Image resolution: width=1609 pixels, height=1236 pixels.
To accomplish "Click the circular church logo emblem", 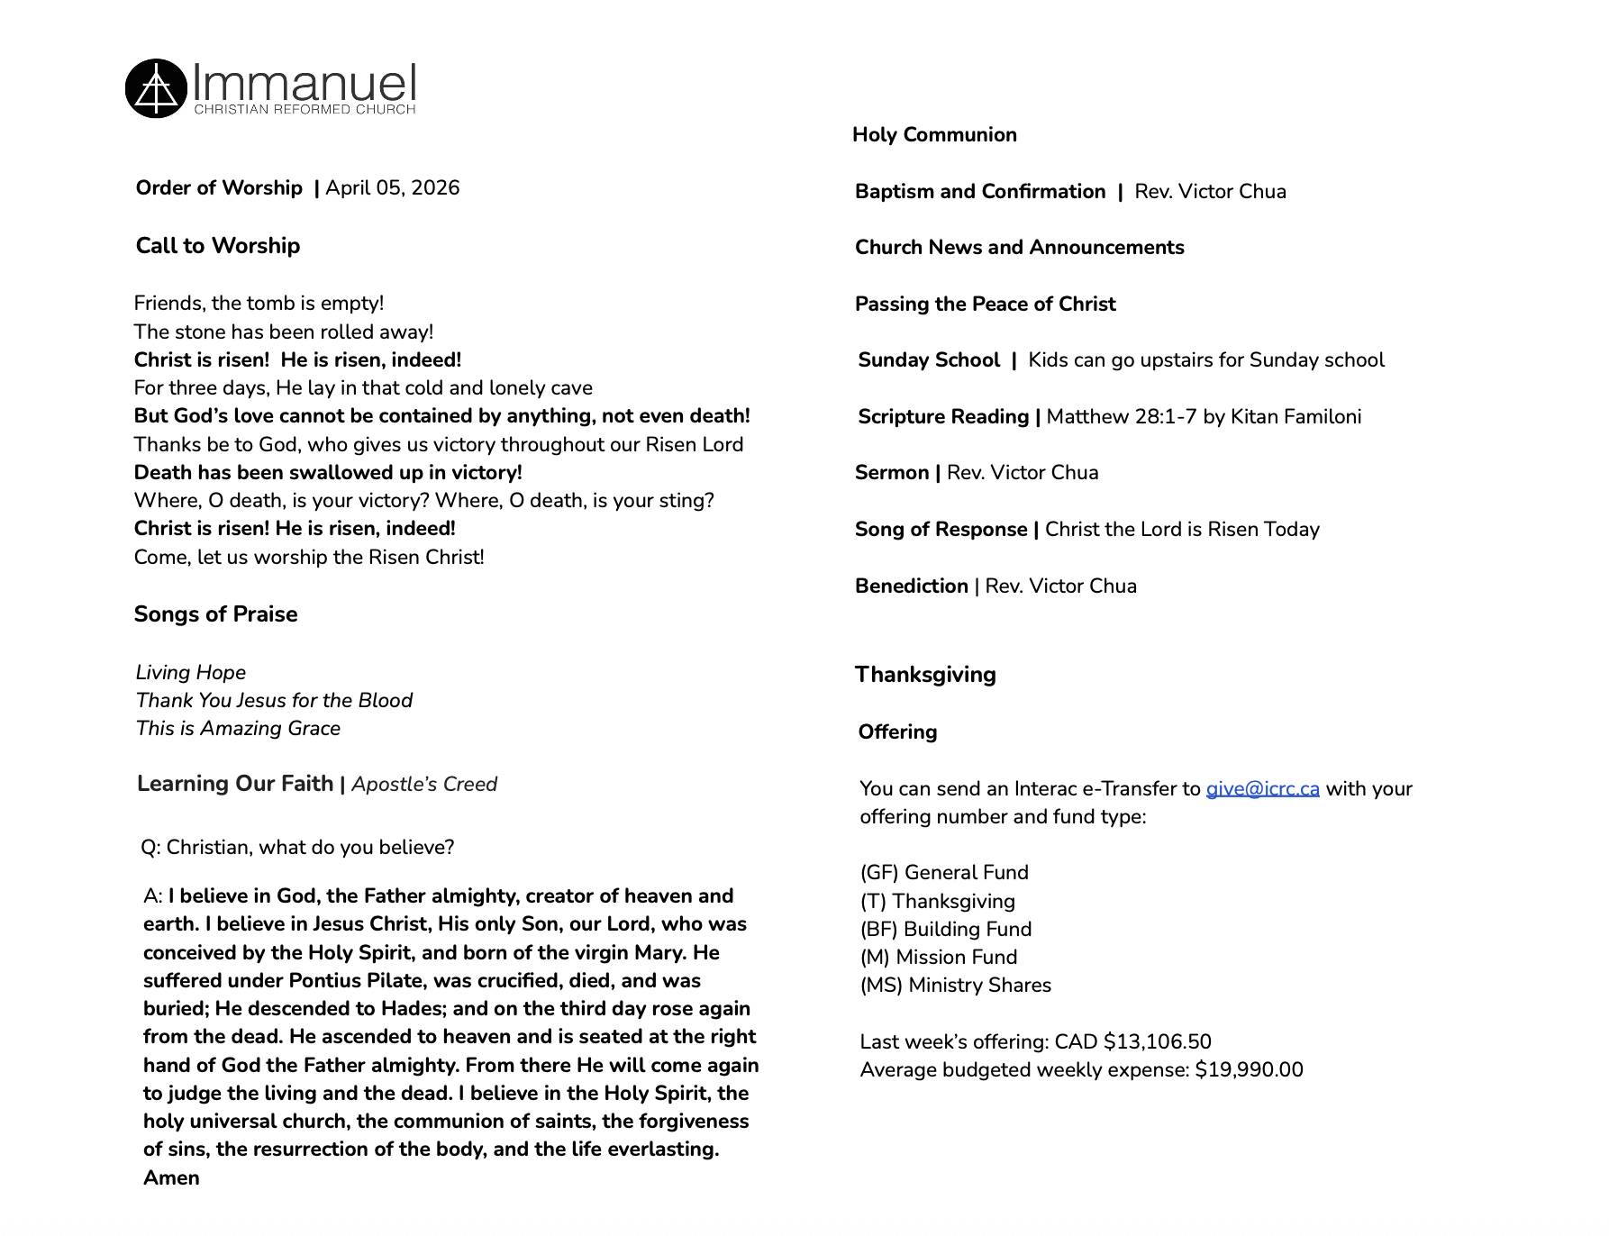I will [x=156, y=88].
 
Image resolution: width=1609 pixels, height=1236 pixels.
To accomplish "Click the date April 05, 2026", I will [x=392, y=188].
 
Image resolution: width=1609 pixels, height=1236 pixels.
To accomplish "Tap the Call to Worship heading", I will [x=218, y=246].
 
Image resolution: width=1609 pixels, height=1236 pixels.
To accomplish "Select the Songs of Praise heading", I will [x=215, y=614].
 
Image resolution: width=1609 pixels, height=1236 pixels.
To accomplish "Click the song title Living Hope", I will [x=191, y=673].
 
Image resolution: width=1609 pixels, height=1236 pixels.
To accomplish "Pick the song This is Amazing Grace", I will [x=238, y=729].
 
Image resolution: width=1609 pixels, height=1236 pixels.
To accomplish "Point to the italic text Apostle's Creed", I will [x=424, y=785].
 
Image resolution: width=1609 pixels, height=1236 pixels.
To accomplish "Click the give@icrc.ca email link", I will [x=1262, y=789].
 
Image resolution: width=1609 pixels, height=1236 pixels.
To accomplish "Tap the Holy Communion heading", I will [x=934, y=135].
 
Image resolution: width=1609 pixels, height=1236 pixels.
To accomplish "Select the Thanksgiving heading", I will [x=925, y=675].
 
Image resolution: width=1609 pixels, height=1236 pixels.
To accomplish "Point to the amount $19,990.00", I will [x=1249, y=1070].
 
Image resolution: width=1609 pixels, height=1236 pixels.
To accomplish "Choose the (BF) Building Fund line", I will [x=946, y=930].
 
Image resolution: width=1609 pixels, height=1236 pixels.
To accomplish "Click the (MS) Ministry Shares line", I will [x=955, y=986].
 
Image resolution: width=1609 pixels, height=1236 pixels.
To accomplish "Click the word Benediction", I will [x=911, y=586].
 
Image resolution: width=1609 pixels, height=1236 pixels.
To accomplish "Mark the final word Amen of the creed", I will [x=171, y=1178].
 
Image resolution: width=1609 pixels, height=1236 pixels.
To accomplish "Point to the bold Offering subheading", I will [x=897, y=732].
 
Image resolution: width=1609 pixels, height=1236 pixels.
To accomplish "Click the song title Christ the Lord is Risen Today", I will [x=1182, y=530].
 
